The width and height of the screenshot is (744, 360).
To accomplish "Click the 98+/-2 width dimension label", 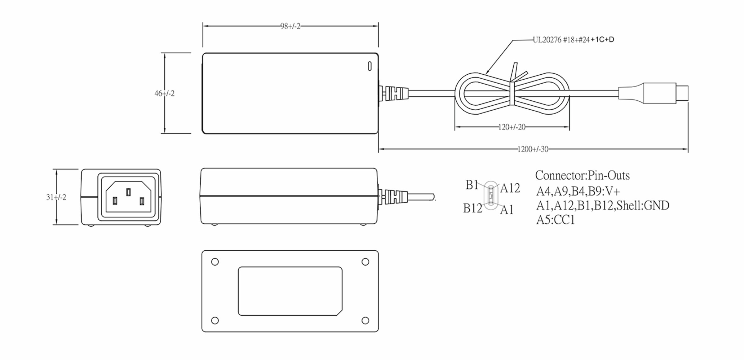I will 290,26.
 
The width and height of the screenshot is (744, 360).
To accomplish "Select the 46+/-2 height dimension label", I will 165,93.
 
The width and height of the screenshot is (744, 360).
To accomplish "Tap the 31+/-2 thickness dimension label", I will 56,197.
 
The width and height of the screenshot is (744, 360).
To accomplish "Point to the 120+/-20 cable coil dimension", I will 511,127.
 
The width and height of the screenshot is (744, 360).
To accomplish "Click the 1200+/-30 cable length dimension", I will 533,149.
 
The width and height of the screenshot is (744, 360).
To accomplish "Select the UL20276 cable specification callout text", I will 573,40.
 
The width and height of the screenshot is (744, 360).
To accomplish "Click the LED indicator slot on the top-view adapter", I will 370,66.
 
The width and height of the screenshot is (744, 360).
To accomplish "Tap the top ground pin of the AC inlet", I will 128,192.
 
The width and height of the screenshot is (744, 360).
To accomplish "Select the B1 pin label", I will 472,185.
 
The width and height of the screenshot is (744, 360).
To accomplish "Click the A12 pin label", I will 510,188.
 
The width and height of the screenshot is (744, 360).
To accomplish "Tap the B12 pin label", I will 472,209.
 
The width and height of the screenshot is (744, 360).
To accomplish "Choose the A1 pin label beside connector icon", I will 507,210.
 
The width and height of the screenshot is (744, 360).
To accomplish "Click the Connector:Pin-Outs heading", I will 582,175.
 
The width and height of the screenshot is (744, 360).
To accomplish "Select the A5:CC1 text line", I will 555,220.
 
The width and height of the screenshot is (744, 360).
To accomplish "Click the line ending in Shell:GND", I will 602,205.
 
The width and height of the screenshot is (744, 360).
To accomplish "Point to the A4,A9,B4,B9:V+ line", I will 578,191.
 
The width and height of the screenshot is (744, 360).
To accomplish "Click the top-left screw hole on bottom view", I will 215,262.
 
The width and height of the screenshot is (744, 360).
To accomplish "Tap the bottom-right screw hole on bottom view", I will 365,320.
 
